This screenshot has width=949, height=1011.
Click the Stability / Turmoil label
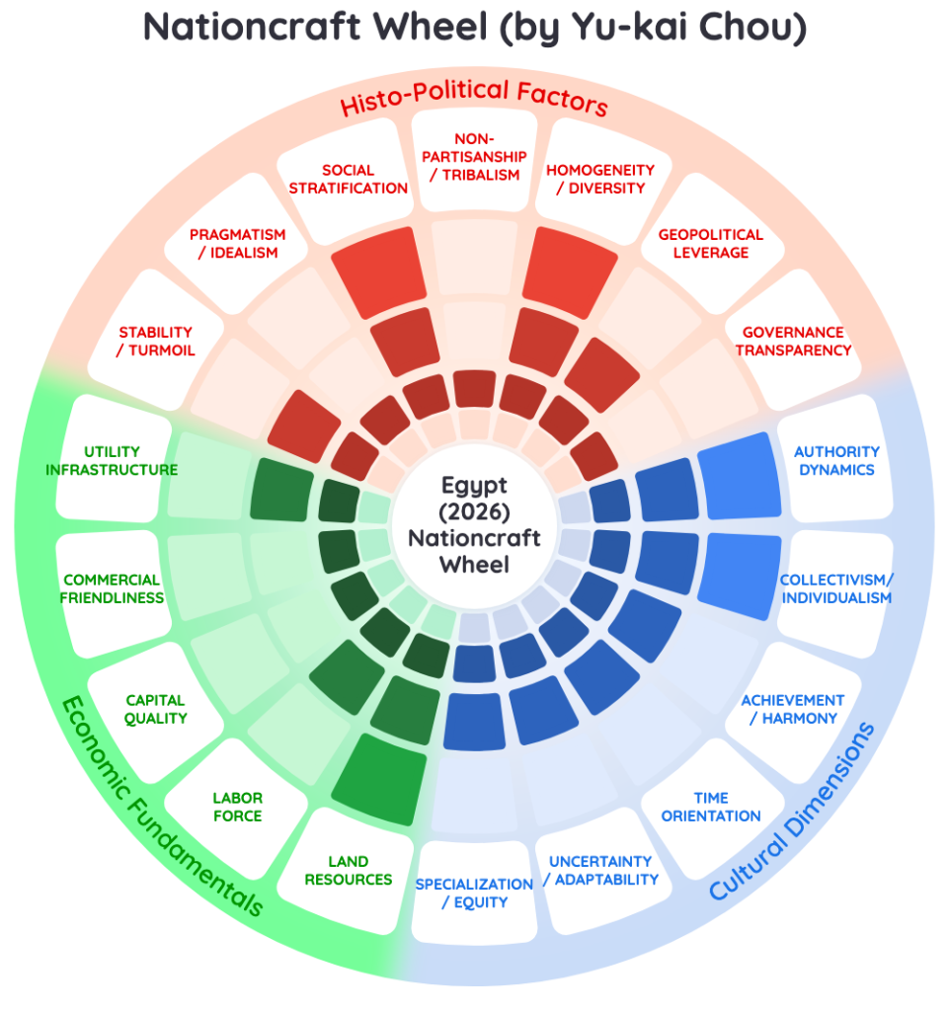(x=155, y=341)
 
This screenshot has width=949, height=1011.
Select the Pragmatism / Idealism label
(x=237, y=244)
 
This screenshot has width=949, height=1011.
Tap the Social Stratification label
(x=349, y=180)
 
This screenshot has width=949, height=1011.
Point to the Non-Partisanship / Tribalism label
(x=474, y=157)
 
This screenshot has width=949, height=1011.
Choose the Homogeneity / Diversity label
(x=600, y=180)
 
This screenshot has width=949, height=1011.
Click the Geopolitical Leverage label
(x=710, y=244)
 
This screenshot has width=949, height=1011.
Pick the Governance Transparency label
(x=794, y=341)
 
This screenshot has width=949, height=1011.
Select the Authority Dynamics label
(x=836, y=460)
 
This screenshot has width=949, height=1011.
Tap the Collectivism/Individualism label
(x=836, y=588)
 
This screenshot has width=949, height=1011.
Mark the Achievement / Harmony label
(x=793, y=709)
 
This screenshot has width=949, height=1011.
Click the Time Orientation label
(x=710, y=807)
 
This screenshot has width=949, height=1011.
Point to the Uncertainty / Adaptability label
(x=600, y=871)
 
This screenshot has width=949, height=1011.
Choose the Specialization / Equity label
(x=474, y=893)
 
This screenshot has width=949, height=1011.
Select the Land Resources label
(x=349, y=871)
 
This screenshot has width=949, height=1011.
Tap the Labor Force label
(x=237, y=807)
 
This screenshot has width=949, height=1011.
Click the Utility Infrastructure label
(x=112, y=460)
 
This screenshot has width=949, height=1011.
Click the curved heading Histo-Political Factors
(x=474, y=97)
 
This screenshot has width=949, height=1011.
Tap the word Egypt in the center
(x=474, y=486)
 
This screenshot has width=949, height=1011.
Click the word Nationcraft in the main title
(x=252, y=27)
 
